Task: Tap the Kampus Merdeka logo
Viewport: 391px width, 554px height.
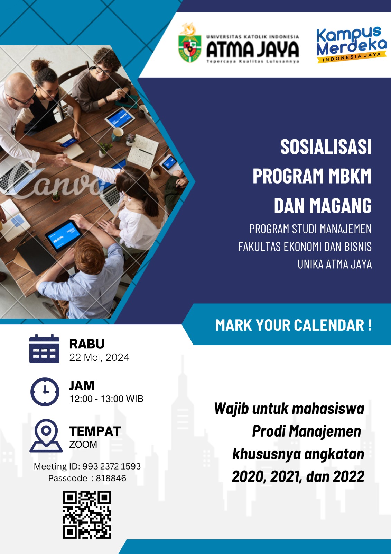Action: tap(352, 45)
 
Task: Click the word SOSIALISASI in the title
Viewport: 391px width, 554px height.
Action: tap(326, 147)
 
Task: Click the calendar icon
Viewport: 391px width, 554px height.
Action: tap(45, 349)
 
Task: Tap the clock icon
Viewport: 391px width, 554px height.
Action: tap(45, 392)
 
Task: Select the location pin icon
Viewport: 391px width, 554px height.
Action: tap(46, 436)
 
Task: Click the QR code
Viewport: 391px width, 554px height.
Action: tap(87, 515)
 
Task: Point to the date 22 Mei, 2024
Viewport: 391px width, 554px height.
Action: tap(99, 357)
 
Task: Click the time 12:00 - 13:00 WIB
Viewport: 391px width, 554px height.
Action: tap(106, 399)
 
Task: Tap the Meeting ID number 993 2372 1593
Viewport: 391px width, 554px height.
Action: tap(111, 466)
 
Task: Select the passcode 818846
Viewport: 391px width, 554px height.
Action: tap(111, 478)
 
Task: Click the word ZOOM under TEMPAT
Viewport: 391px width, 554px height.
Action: tap(83, 445)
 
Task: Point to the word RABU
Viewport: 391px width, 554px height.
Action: tap(87, 344)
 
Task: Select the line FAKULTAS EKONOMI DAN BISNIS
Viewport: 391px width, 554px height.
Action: tap(305, 247)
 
